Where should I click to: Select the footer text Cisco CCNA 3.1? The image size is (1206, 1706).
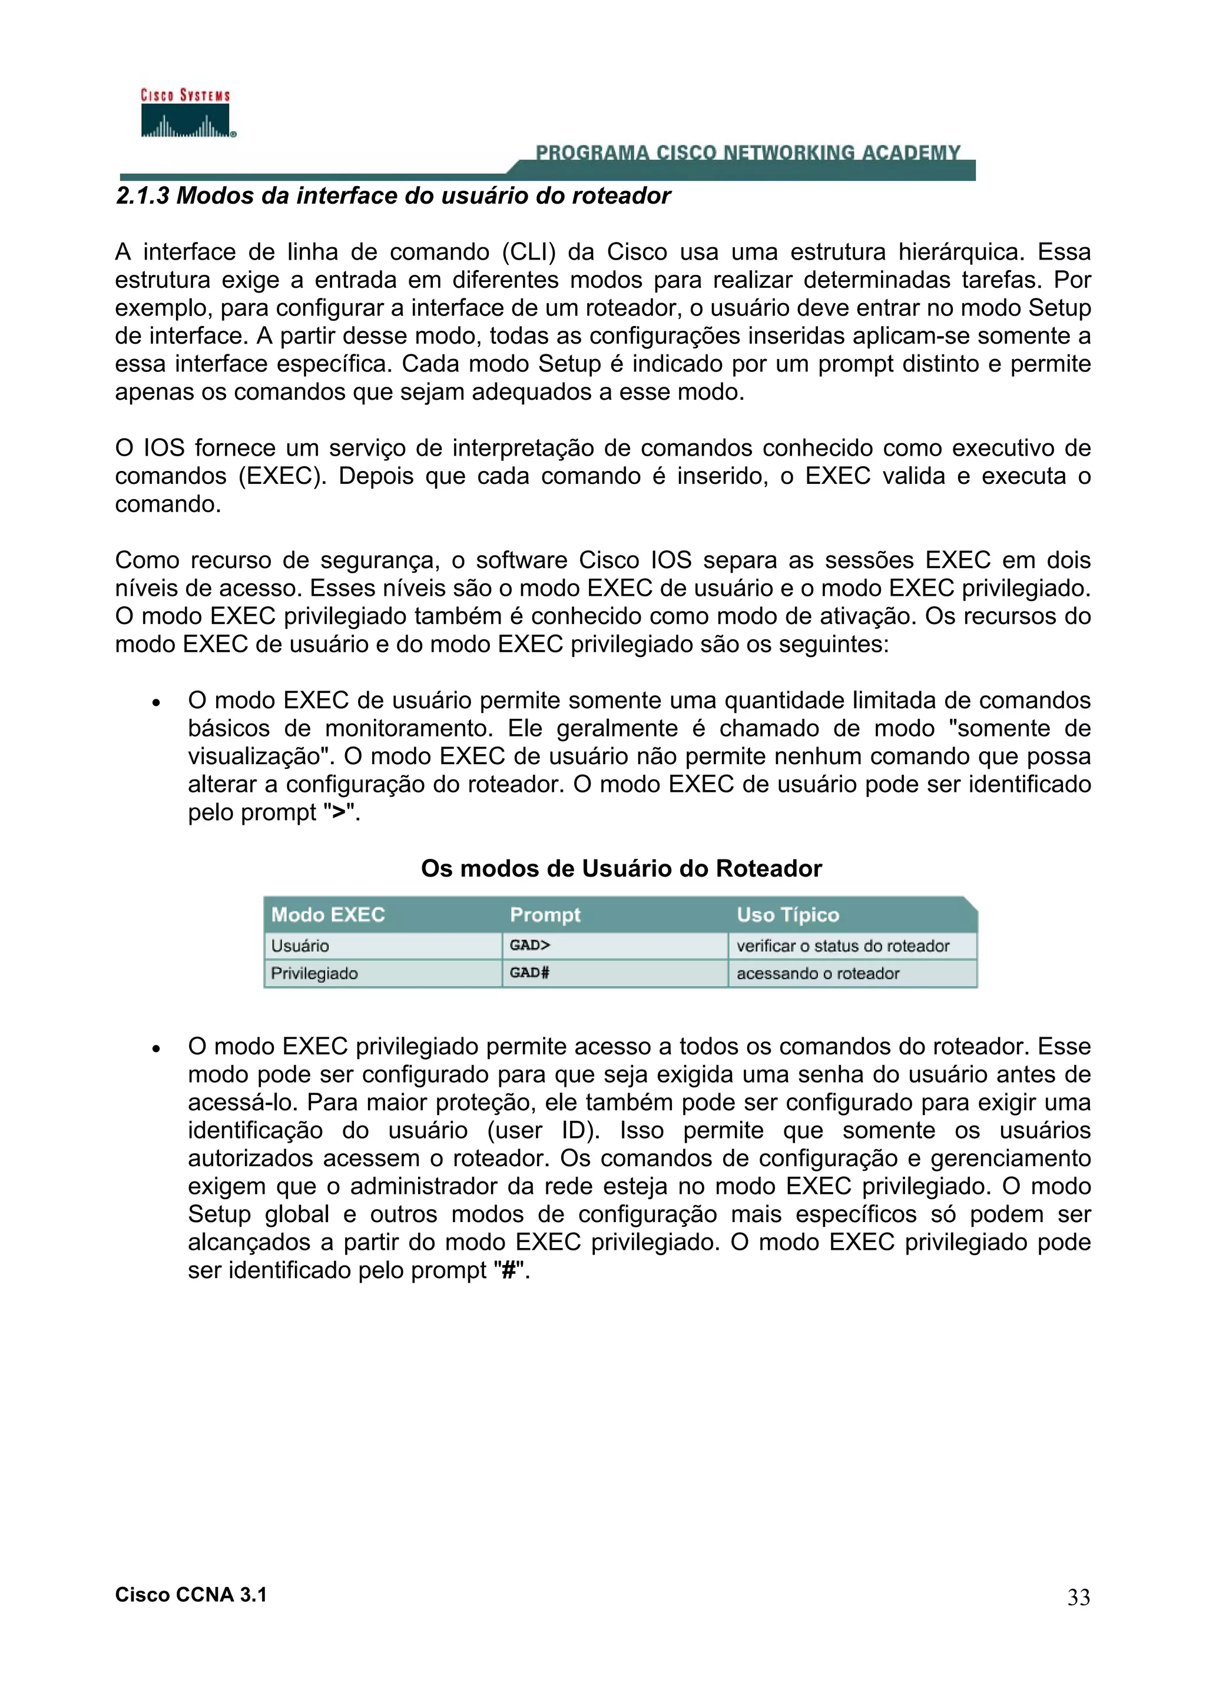point(191,1595)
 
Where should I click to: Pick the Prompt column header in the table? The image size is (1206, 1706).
point(545,915)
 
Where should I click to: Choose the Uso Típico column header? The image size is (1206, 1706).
point(788,915)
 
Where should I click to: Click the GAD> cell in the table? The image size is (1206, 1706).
point(530,945)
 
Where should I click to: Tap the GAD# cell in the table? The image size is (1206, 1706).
point(530,973)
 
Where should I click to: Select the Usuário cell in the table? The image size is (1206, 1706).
point(300,946)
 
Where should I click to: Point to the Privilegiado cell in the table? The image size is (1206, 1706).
point(314,973)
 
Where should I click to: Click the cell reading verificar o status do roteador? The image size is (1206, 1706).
point(843,946)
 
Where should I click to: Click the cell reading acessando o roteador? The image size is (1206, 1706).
point(817,973)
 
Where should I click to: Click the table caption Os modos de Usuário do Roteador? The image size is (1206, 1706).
point(621,869)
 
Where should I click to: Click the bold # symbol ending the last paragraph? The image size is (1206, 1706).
point(508,1270)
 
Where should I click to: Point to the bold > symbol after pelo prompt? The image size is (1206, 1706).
point(339,812)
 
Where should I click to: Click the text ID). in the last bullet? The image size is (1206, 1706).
point(581,1130)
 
